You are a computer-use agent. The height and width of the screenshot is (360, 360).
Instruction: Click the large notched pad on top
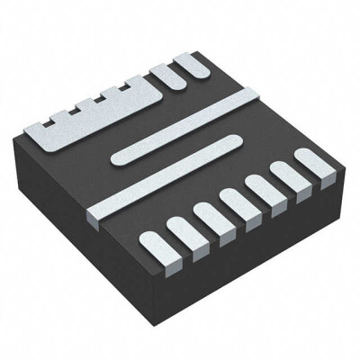click(99, 121)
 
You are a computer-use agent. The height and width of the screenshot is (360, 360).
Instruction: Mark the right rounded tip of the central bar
click(236, 139)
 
